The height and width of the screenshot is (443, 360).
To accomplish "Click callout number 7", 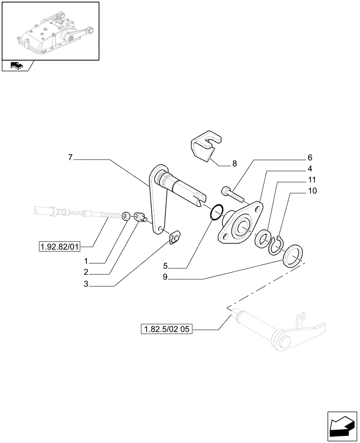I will click(x=71, y=157).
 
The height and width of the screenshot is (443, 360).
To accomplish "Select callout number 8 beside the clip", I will click(x=235, y=164).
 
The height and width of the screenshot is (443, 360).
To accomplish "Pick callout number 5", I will click(x=165, y=267).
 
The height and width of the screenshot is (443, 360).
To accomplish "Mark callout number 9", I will click(x=165, y=279).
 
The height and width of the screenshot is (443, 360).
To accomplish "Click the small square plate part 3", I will click(x=176, y=238).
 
